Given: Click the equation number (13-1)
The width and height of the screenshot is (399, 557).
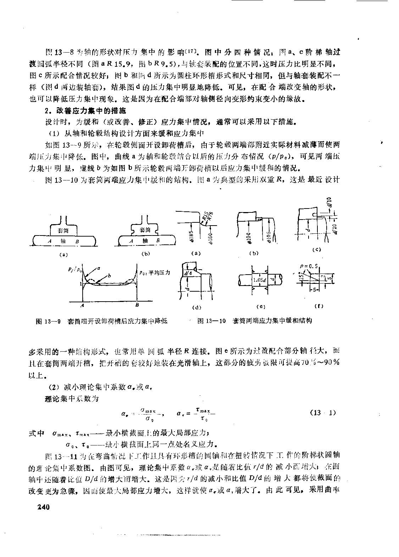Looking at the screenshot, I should pyautogui.click(x=322, y=413).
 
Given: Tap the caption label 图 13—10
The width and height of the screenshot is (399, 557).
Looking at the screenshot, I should pyautogui.click(x=212, y=321).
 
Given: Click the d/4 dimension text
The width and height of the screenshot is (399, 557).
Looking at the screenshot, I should pyautogui.click(x=188, y=273).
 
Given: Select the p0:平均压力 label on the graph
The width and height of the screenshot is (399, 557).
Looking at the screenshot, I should pyautogui.click(x=155, y=272).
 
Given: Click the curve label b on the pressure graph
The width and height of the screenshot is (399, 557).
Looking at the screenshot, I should pyautogui.click(x=109, y=275).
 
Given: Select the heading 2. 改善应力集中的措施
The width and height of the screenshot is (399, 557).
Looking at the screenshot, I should pyautogui.click(x=83, y=111).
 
